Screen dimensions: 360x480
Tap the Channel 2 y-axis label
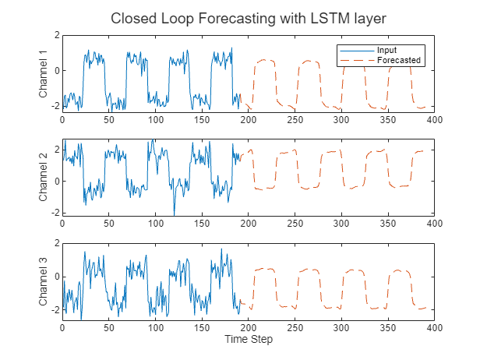(x=44, y=178)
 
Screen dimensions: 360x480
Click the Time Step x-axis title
(x=248, y=340)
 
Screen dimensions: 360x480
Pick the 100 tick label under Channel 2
(x=156, y=224)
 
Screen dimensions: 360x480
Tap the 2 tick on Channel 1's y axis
(x=56, y=35)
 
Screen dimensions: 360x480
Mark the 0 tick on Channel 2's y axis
(x=56, y=182)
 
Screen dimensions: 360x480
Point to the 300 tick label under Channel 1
(x=341, y=120)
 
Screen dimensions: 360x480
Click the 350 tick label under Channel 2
(x=387, y=224)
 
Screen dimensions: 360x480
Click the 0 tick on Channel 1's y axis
(x=56, y=70)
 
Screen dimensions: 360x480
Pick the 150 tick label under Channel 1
(x=202, y=120)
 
